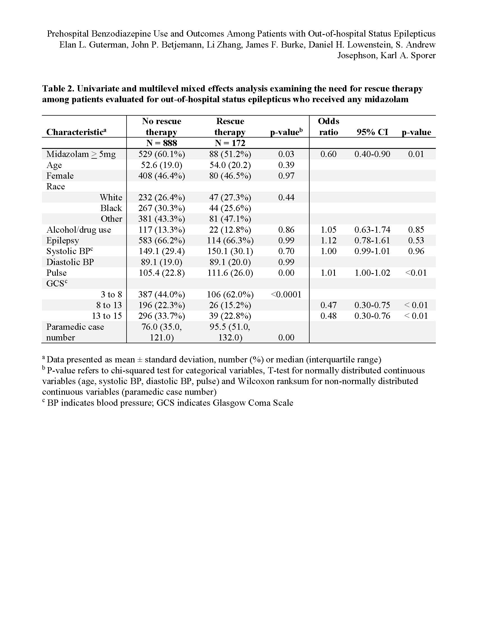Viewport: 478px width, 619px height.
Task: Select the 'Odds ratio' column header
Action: click(x=328, y=127)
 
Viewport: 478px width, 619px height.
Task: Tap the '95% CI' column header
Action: click(x=372, y=132)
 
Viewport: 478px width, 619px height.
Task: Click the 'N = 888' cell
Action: click(x=161, y=143)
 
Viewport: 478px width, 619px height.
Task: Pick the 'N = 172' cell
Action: click(x=230, y=143)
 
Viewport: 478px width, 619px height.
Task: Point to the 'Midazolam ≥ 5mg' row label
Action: click(x=81, y=154)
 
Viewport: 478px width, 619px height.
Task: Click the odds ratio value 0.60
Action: click(x=328, y=154)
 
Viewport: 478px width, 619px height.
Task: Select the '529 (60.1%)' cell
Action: click(x=161, y=154)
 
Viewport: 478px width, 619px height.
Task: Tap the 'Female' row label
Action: click(x=60, y=176)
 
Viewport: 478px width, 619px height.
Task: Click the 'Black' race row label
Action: click(x=111, y=208)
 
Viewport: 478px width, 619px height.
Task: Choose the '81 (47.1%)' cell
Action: click(x=230, y=219)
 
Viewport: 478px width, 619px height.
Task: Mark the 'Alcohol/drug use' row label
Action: click(x=79, y=230)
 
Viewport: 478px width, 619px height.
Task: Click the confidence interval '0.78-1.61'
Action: click(x=372, y=240)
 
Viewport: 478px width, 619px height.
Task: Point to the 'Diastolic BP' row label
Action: click(x=70, y=262)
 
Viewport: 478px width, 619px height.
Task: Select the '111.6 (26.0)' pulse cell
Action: click(x=230, y=273)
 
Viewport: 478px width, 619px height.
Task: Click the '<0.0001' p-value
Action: click(x=286, y=294)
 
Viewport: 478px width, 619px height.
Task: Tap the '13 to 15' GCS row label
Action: click(x=107, y=316)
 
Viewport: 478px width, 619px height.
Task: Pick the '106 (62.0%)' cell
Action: click(x=230, y=294)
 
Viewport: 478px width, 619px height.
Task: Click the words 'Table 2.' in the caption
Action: click(x=58, y=89)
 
